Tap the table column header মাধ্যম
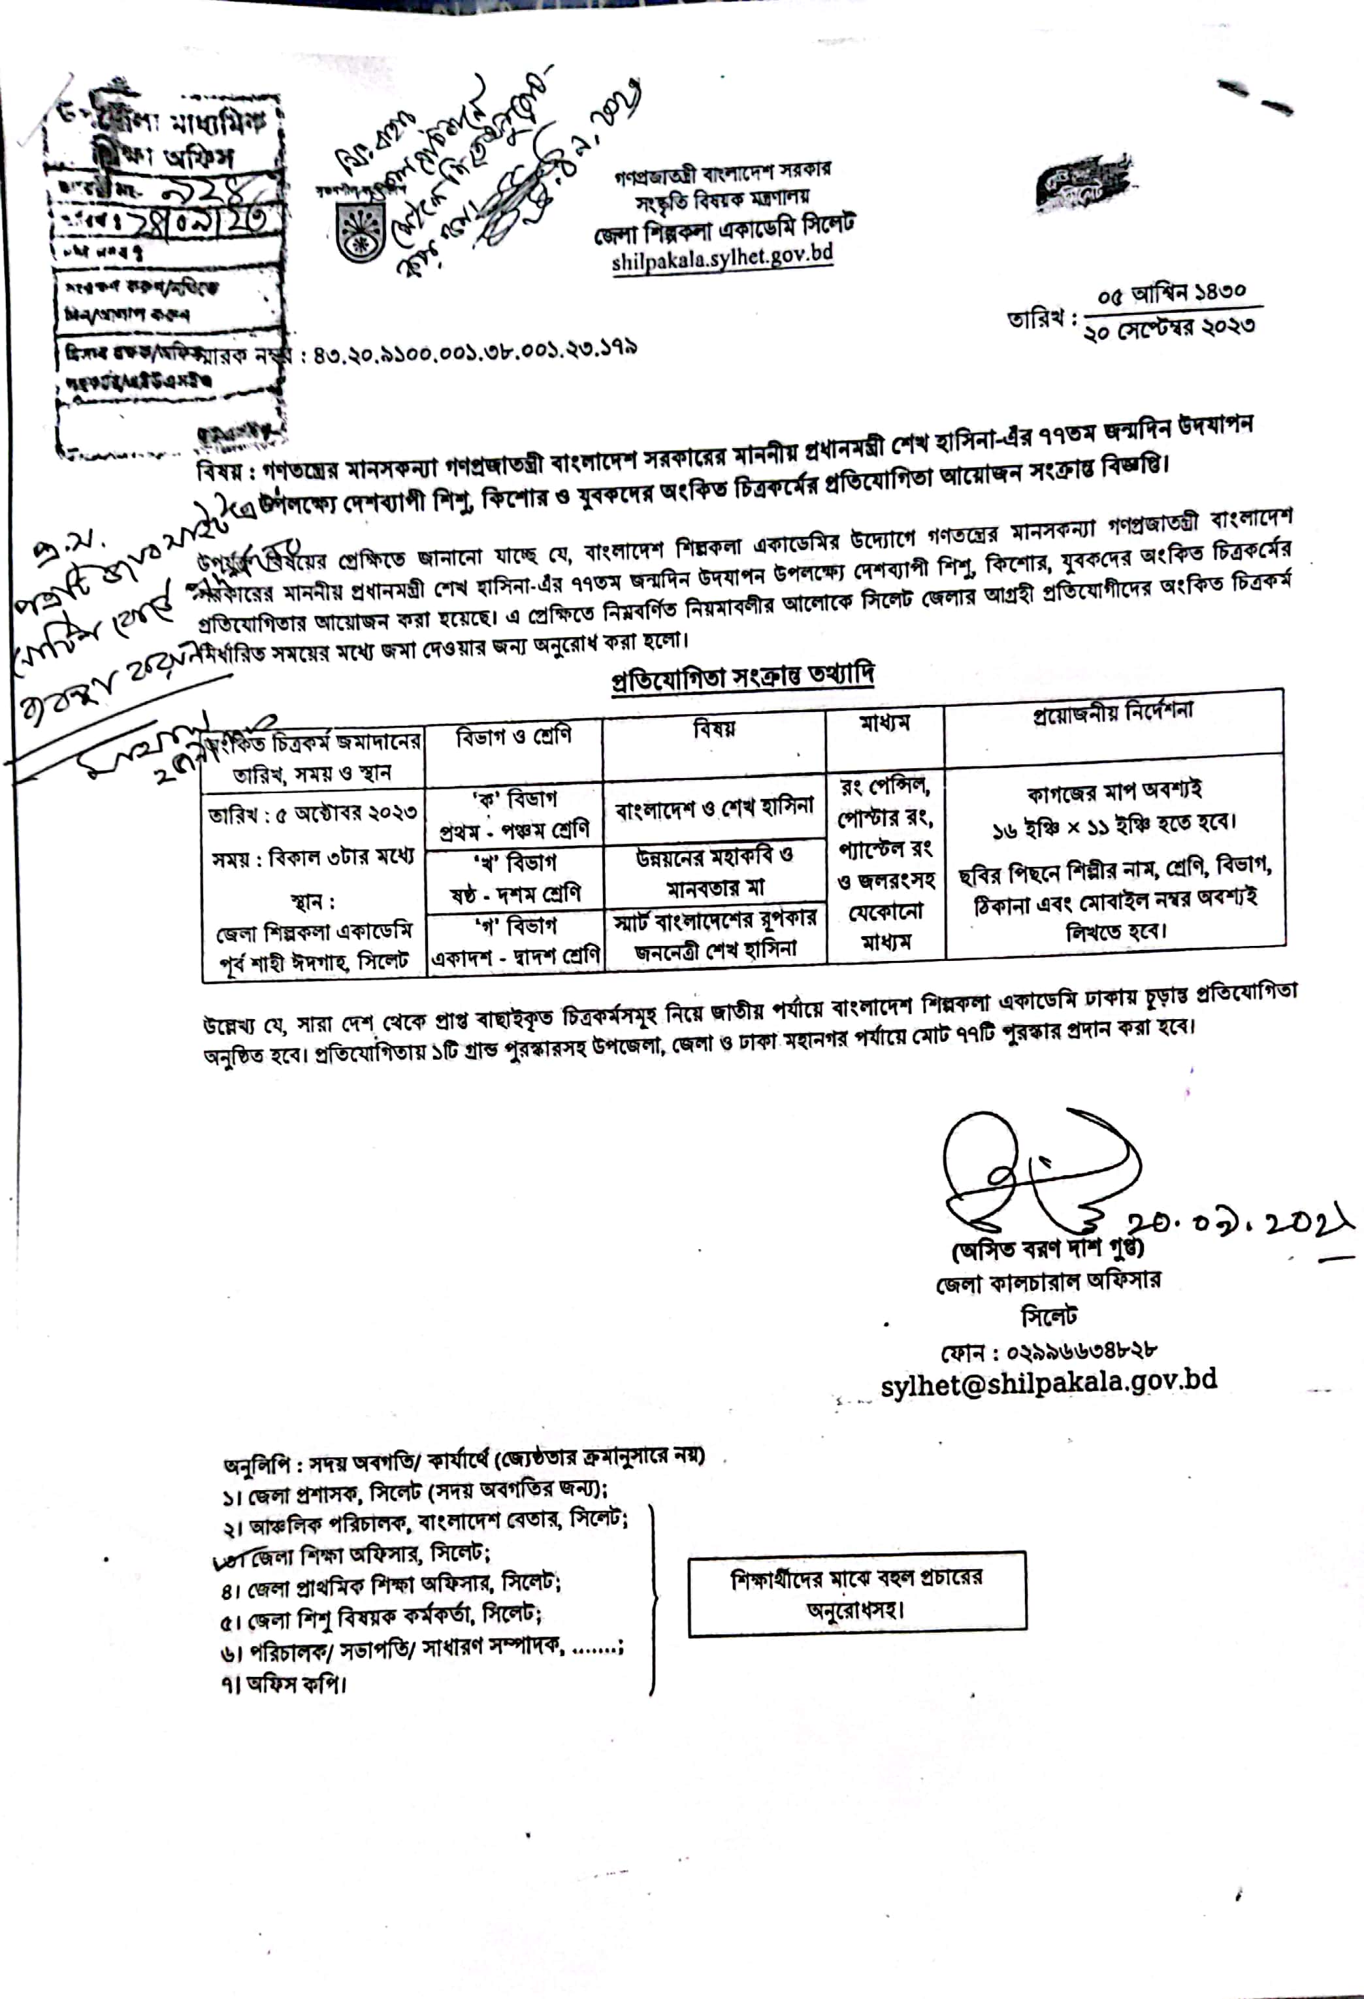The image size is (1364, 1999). point(884,723)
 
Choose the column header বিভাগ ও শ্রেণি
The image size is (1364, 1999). point(513,737)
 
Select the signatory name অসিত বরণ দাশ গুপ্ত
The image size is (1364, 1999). point(1047,1247)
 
